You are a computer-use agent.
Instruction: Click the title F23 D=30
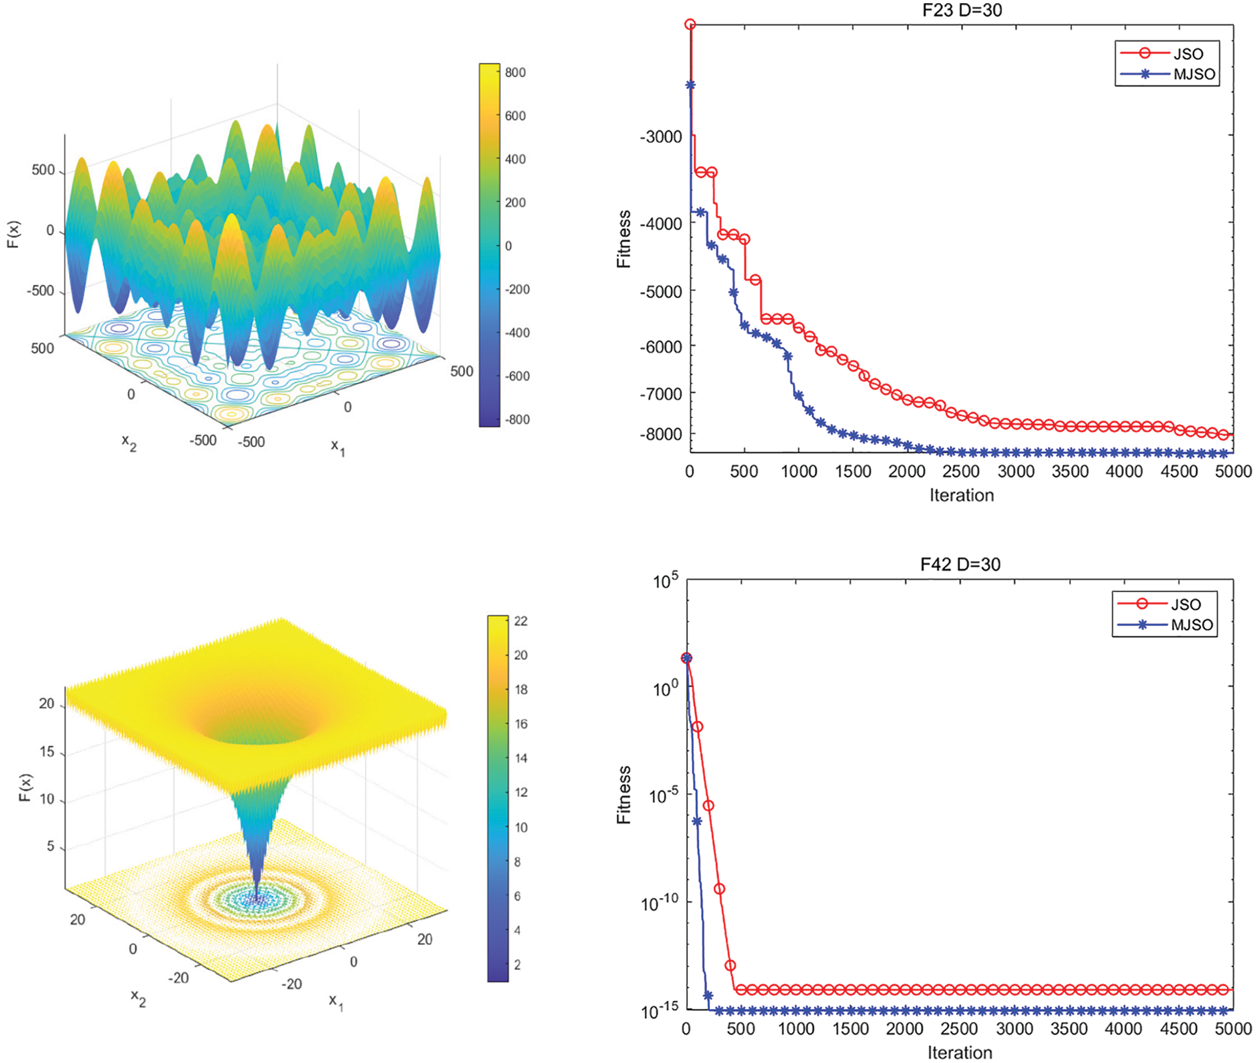tap(961, 10)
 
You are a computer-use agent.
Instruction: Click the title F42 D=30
tap(960, 564)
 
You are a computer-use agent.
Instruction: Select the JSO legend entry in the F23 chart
tap(1188, 53)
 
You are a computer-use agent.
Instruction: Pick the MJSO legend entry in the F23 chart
tap(1194, 74)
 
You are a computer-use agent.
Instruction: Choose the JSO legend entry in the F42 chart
tap(1185, 604)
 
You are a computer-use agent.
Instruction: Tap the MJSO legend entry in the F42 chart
tap(1191, 625)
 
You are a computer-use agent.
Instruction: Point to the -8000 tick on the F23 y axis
tap(661, 434)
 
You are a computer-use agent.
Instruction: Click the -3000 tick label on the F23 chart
tap(661, 137)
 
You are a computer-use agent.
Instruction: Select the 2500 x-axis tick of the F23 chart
tap(961, 472)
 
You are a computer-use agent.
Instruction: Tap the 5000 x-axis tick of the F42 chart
tap(1233, 1029)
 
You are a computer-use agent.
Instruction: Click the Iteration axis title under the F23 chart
tap(961, 495)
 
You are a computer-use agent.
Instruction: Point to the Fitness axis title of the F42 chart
tap(624, 794)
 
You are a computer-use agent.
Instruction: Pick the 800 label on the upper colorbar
tap(515, 72)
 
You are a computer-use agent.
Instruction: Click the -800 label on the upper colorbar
tap(516, 419)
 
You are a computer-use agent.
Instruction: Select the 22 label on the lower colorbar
tap(520, 621)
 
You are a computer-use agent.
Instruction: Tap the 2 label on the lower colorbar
tap(517, 965)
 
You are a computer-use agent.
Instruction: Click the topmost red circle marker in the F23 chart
tap(690, 25)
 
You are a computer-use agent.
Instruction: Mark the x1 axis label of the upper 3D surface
tap(338, 447)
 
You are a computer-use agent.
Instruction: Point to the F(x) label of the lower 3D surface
tap(25, 787)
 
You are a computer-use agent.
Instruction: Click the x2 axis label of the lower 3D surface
tap(138, 998)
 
